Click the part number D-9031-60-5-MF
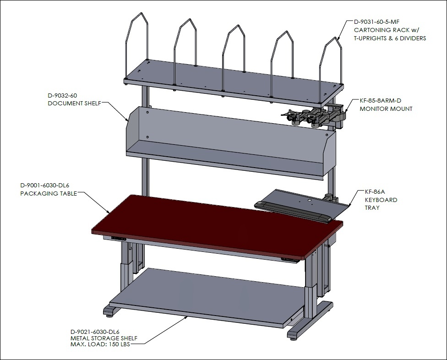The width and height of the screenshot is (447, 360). (376, 22)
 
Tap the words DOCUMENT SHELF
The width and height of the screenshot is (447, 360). (74, 104)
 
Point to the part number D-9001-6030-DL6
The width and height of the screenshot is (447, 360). (45, 185)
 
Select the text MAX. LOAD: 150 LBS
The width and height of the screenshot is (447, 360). (100, 344)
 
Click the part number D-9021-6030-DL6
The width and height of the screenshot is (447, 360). (95, 332)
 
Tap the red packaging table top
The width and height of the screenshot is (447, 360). (217, 225)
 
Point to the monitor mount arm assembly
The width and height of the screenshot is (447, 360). (314, 115)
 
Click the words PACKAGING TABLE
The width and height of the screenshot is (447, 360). (49, 194)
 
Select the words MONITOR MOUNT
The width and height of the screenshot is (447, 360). (386, 109)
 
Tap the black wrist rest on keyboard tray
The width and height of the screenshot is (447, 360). (294, 212)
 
